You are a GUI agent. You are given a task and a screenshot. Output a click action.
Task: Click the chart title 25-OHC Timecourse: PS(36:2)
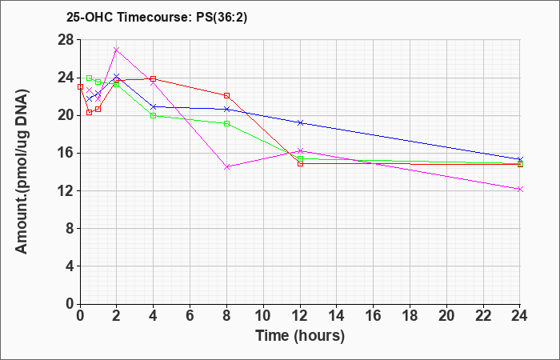point(157,17)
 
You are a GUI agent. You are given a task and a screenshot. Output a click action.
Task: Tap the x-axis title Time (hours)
point(300,336)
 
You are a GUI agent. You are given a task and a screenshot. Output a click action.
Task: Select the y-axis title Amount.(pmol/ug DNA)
point(22,171)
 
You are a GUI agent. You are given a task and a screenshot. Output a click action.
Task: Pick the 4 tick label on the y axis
point(70,266)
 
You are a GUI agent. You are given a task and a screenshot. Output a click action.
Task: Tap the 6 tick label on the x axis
point(190,316)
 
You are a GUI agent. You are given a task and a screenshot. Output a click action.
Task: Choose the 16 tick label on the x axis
point(374,316)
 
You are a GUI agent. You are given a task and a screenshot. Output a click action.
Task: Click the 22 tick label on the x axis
point(483,316)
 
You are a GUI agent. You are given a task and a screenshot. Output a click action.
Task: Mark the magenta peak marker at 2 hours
point(117,50)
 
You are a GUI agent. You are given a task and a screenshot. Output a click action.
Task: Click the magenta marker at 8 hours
point(226,166)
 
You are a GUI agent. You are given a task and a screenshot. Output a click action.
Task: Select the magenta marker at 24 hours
point(520,189)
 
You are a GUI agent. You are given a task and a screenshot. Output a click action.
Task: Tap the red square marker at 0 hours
point(80,86)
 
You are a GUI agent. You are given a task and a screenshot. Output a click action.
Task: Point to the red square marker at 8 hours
point(226,96)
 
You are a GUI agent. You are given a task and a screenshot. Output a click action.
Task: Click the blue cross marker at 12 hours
point(300,123)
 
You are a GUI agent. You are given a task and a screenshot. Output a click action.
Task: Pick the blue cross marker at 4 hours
point(154,106)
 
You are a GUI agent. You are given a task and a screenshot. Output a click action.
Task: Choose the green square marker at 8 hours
point(226,123)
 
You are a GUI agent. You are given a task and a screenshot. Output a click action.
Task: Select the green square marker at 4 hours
point(154,116)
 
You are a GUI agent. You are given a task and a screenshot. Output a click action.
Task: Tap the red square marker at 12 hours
point(300,163)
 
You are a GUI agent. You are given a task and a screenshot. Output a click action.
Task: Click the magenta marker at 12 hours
point(300,150)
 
